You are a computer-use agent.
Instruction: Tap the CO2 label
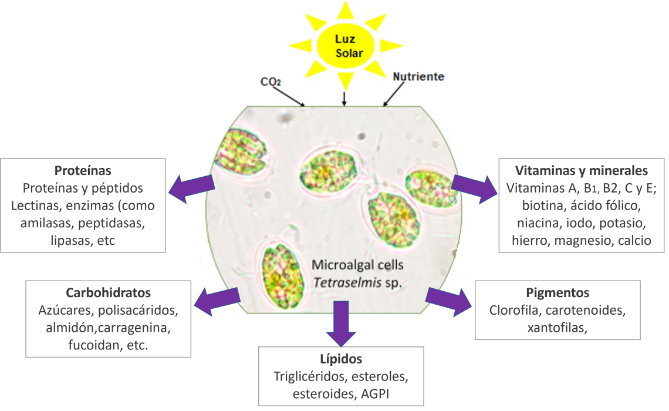point(271,82)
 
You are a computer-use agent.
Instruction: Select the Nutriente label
point(418,77)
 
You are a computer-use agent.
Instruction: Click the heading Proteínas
point(83,170)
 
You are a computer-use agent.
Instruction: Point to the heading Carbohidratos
point(108,292)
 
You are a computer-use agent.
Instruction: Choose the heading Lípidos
point(341,359)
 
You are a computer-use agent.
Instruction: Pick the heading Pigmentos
point(557,292)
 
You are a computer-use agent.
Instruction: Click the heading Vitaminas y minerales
point(581,170)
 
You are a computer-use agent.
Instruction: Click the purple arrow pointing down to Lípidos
point(341,322)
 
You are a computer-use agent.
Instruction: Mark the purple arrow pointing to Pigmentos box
point(448,299)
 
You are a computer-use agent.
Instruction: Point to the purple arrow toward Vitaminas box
point(474,187)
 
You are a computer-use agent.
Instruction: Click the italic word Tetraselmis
point(341,282)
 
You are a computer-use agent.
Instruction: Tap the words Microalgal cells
point(357,265)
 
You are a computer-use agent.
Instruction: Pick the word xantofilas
point(557,327)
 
